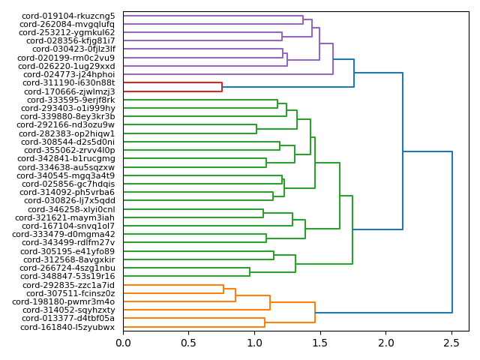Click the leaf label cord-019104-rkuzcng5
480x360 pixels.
pos(68,16)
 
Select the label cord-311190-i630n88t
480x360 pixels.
pos(69,82)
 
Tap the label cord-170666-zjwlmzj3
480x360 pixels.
pos(69,91)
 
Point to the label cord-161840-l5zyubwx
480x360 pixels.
pos(67,327)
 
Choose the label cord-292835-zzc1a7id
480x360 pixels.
pos(69,285)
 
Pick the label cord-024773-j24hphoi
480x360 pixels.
pos(70,74)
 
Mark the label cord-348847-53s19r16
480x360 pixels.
pos(69,276)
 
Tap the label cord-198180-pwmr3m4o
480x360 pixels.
pos(68,301)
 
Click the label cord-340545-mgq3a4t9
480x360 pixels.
pos(69,175)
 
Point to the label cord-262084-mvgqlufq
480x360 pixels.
pos(67,24)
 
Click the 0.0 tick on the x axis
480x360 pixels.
pos(124,342)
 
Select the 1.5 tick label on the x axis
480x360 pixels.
pos(320,342)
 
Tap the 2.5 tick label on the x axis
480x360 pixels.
pos(451,342)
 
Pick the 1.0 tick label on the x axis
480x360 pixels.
pos(255,342)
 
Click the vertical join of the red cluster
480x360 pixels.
pos(222,87)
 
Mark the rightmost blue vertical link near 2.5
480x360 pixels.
pos(452,232)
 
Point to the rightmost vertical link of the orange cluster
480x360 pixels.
pos(315,313)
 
